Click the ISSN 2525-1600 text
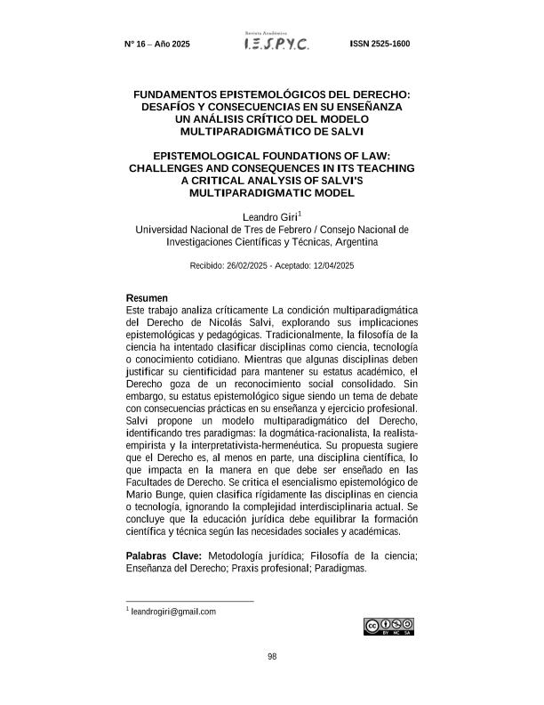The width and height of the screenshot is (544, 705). (380, 44)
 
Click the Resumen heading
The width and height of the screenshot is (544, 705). (147, 297)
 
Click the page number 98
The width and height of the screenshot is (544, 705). (272, 657)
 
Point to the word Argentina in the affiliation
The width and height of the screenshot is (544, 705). (356, 241)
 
